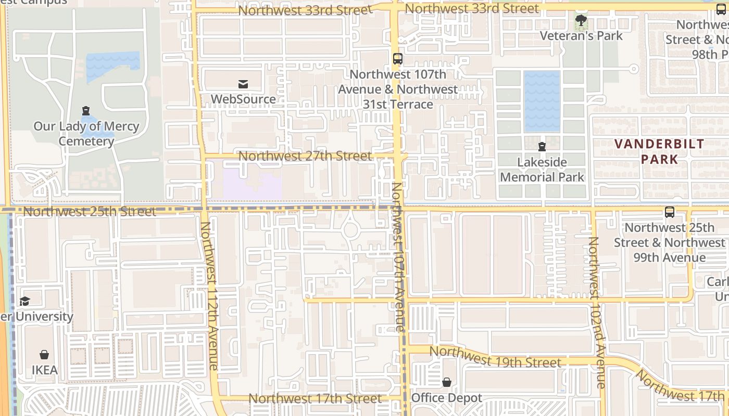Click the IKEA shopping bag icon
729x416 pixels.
[44, 355]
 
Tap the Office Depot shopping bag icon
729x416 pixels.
[447, 383]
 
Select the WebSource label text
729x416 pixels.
[243, 99]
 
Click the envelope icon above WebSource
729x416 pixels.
[243, 84]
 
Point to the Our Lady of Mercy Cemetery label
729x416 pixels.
[86, 134]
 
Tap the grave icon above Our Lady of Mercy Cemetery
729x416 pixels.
[86, 111]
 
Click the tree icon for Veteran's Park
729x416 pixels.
[581, 21]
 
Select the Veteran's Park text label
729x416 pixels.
[581, 36]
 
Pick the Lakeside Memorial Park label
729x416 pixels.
[542, 170]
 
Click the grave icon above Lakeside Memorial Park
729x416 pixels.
[542, 147]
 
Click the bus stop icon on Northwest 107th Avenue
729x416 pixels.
[398, 59]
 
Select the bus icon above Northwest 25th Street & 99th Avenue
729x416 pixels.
[670, 212]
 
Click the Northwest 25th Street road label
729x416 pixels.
[90, 212]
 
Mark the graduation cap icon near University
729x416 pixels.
[24, 301]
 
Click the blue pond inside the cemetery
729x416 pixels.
[113, 61]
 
